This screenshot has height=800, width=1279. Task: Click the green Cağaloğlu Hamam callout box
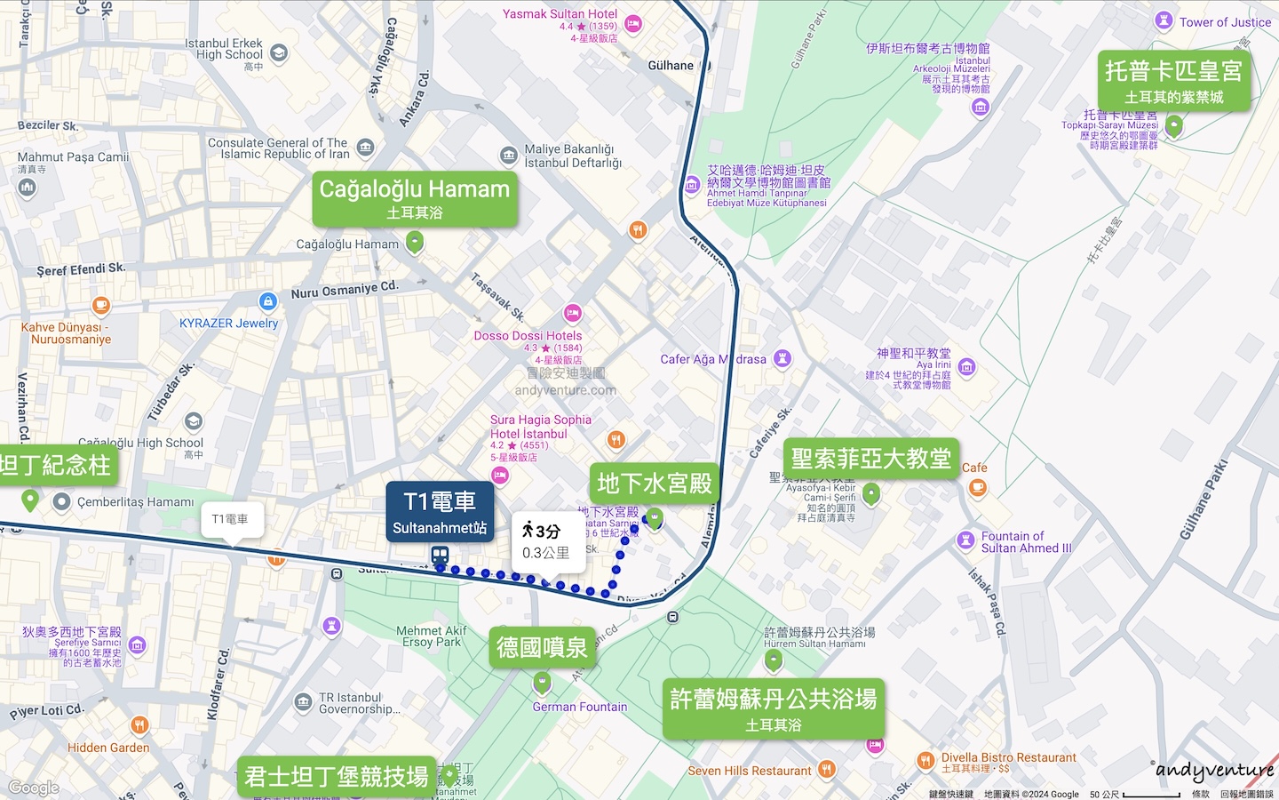pyautogui.click(x=414, y=198)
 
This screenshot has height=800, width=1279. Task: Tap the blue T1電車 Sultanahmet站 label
pyautogui.click(x=440, y=512)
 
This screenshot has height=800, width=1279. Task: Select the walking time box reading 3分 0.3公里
pyautogui.click(x=547, y=541)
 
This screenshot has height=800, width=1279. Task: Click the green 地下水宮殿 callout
pyautogui.click(x=655, y=484)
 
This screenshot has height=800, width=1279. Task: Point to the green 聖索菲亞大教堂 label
pyautogui.click(x=870, y=459)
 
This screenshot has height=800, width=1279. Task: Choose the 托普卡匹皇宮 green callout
pyautogui.click(x=1173, y=81)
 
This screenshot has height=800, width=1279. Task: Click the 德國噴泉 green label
pyautogui.click(x=542, y=647)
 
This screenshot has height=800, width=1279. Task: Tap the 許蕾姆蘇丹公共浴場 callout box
pyautogui.click(x=773, y=708)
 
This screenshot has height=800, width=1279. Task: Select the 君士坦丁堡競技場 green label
pyautogui.click(x=337, y=777)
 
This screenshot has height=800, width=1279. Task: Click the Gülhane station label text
pyautogui.click(x=671, y=66)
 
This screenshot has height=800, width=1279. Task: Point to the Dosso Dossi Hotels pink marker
pyautogui.click(x=573, y=313)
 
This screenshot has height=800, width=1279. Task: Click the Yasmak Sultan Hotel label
pyautogui.click(x=560, y=14)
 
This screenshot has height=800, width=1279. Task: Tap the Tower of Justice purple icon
pyautogui.click(x=1164, y=20)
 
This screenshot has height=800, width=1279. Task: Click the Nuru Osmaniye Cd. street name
pyautogui.click(x=345, y=290)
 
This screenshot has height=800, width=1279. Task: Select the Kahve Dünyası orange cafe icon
pyautogui.click(x=101, y=306)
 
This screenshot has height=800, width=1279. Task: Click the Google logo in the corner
pyautogui.click(x=34, y=788)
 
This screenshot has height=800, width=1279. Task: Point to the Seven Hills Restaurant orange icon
pyautogui.click(x=827, y=769)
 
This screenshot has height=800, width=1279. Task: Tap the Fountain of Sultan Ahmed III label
pyautogui.click(x=1026, y=542)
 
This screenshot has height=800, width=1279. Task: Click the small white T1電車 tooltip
pyautogui.click(x=230, y=519)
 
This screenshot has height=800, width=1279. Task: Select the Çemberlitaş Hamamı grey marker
pyautogui.click(x=61, y=502)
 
